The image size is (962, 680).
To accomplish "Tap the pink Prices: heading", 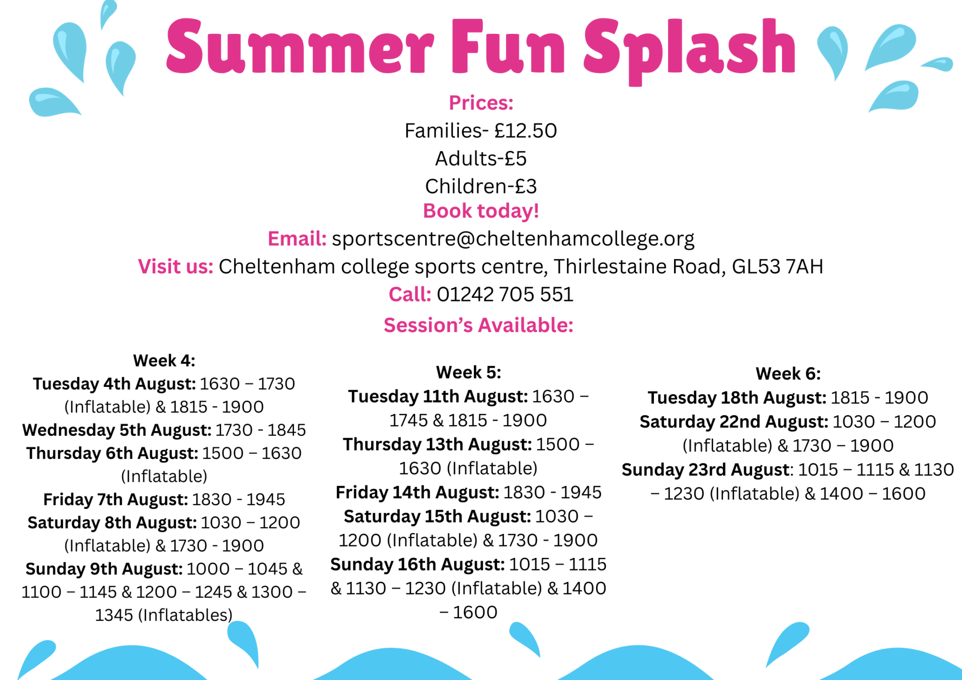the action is (481, 103).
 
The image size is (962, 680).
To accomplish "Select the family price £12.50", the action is (526, 131).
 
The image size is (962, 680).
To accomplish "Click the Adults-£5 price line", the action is (481, 158).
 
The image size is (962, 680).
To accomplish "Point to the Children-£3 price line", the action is (481, 186).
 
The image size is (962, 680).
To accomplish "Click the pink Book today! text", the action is (481, 211).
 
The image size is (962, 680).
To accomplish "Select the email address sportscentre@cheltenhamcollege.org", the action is (513, 239).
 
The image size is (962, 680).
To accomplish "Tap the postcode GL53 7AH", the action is (777, 266).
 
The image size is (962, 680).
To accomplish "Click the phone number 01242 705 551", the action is (505, 294).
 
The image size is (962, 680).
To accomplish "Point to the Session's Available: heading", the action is (479, 325).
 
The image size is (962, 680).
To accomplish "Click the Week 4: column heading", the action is (164, 361).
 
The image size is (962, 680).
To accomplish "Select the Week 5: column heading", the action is (469, 372).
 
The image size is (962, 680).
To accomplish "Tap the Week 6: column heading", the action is (788, 374).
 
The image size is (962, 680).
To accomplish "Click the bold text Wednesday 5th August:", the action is (117, 430).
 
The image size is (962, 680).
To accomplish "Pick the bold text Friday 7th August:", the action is (116, 499).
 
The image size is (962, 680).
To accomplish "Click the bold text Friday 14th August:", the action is (418, 492).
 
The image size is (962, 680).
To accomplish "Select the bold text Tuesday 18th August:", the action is (737, 398).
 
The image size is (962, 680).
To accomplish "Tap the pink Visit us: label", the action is (176, 266).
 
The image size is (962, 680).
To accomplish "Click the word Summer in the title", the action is (300, 47).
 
